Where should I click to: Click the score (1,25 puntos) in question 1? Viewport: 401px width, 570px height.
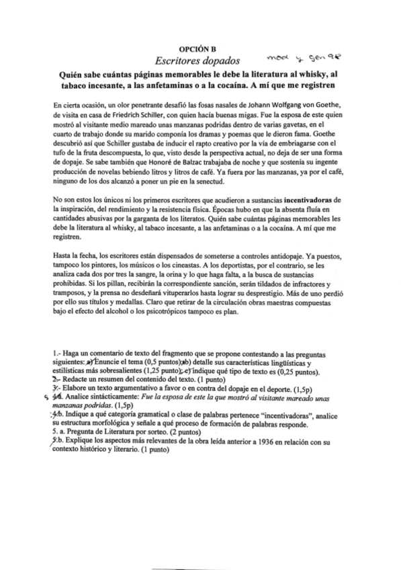pyautogui.click(x=165, y=372)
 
